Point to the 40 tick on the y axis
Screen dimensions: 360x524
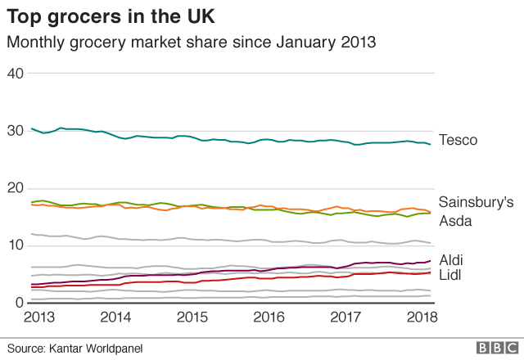tap(15, 74)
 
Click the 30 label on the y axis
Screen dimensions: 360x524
tap(15, 131)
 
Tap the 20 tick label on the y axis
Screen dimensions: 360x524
tap(15, 188)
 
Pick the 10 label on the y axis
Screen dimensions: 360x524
tap(15, 245)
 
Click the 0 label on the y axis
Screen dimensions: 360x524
tap(19, 303)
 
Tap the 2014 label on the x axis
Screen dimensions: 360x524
tap(115, 317)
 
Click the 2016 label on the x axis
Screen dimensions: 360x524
tap(270, 317)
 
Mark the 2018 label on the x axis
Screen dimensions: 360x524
tap(422, 317)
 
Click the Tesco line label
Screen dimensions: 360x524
tap(458, 140)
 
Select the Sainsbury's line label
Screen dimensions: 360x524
tap(476, 201)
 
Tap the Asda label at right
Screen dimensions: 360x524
tap(455, 221)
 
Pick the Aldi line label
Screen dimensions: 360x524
tap(452, 259)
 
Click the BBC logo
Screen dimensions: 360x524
tap(492, 348)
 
